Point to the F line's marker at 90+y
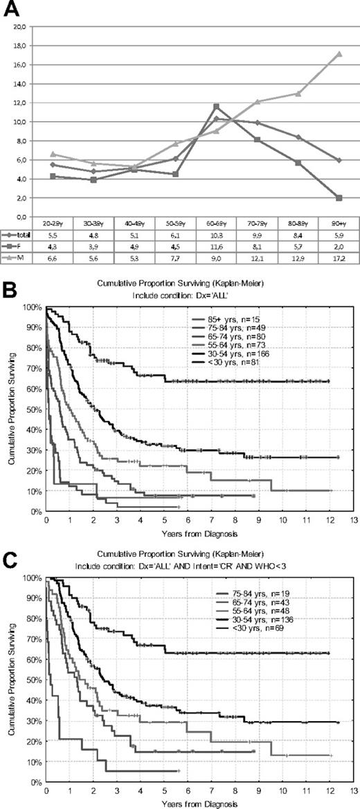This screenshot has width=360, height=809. click(337, 198)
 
